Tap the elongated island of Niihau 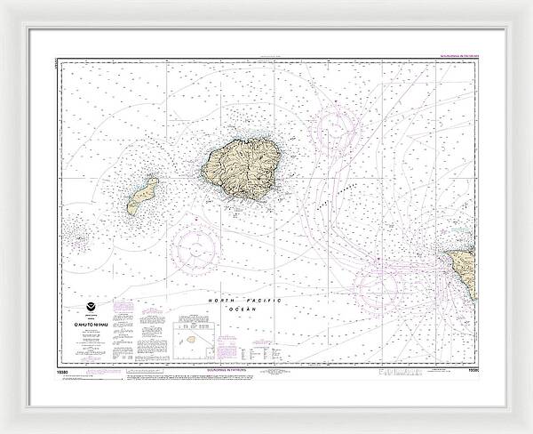[141, 195]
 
